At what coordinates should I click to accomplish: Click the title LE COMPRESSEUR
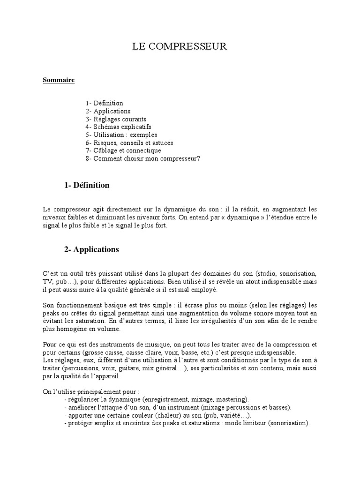[180, 46]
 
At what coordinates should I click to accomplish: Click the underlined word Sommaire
[59, 80]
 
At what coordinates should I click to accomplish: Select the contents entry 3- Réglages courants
[116, 119]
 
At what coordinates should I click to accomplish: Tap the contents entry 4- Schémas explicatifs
[118, 127]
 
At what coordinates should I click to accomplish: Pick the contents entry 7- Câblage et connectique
[123, 150]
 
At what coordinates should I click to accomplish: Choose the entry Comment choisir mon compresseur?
[146, 158]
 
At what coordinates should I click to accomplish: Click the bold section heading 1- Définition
[87, 185]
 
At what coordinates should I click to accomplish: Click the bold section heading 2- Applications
[91, 249]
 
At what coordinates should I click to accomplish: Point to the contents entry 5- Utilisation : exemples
[121, 135]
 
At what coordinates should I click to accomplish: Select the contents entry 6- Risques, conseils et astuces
[129, 142]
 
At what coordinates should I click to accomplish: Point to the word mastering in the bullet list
[232, 399]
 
